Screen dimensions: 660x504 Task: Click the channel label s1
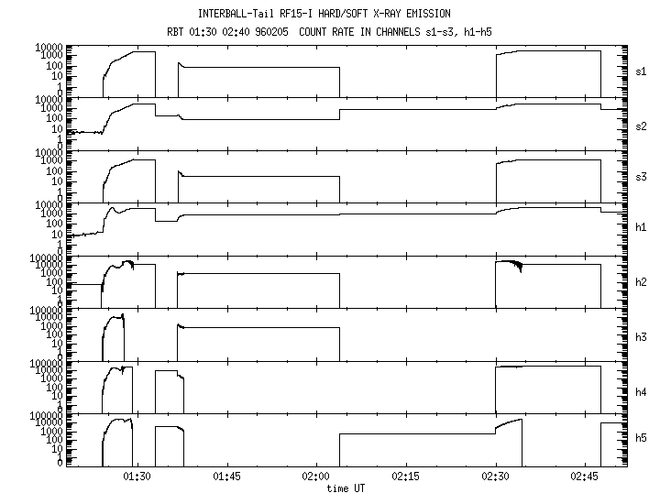click(x=641, y=71)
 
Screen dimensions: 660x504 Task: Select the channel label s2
click(x=641, y=126)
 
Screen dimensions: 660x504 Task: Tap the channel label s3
click(x=641, y=177)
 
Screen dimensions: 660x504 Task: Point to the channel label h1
click(x=641, y=227)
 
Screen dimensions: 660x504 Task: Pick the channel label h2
click(x=641, y=282)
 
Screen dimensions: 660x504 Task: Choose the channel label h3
click(x=641, y=337)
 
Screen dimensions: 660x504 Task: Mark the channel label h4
click(x=641, y=392)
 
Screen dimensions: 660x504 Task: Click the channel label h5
click(x=641, y=438)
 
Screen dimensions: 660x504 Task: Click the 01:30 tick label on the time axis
click(x=137, y=477)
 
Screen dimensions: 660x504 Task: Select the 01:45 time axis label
click(x=227, y=477)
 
